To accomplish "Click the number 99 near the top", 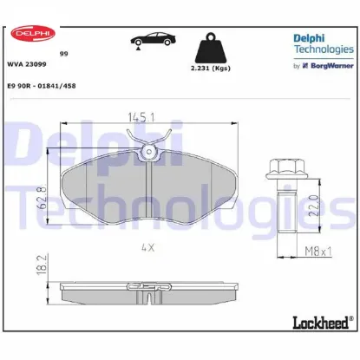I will coord(63,53).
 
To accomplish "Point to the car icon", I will coord(148,42).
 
